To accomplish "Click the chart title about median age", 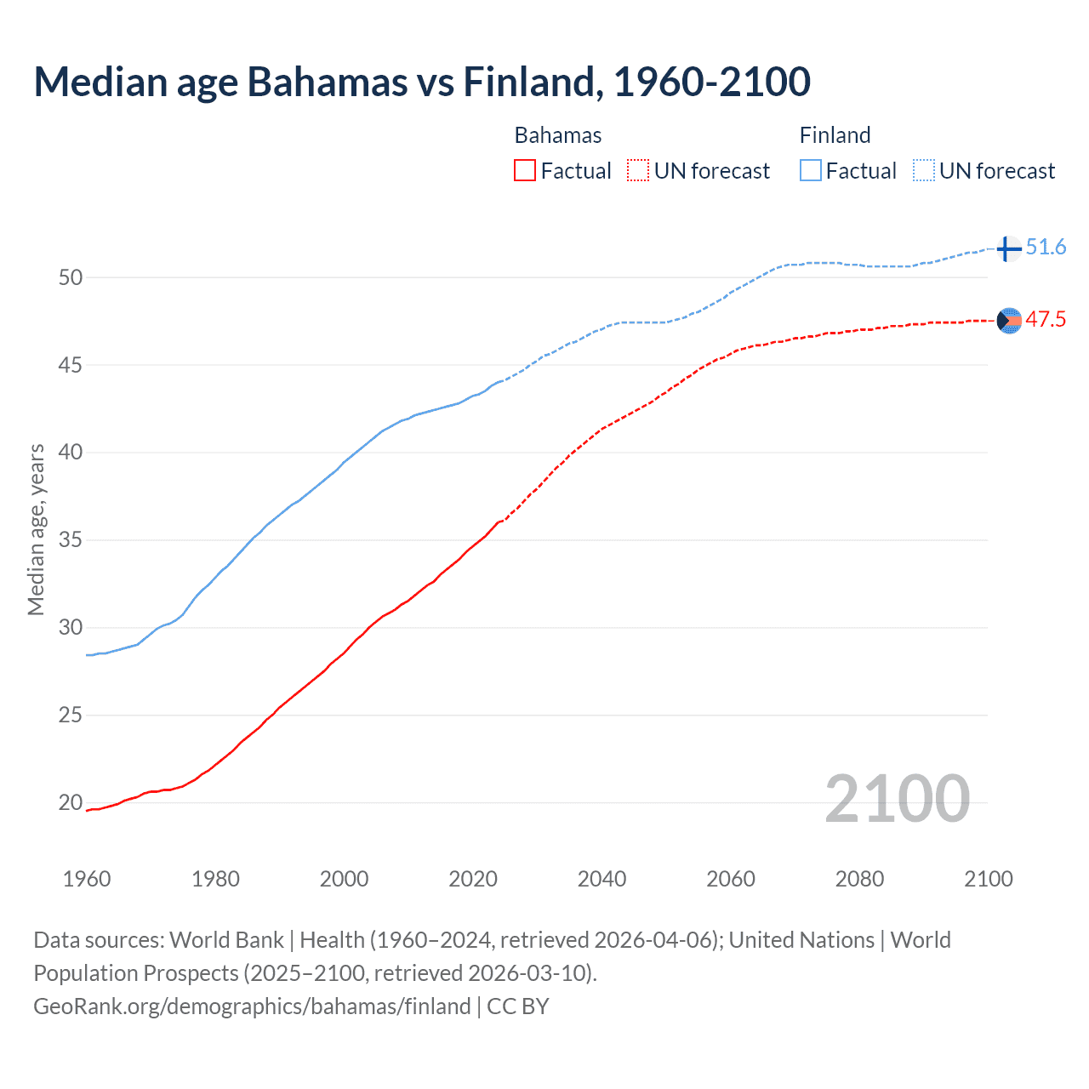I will (x=422, y=83).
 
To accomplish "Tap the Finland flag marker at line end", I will (x=1008, y=248).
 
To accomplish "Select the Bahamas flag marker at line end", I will (x=1009, y=321).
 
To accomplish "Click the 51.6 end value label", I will (x=1046, y=248).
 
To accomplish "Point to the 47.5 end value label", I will (x=1046, y=320).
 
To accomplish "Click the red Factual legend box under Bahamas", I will (x=525, y=171).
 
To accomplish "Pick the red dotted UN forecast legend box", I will (x=638, y=171).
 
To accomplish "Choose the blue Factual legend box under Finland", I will (x=811, y=171).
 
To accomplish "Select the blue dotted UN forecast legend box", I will (x=924, y=171).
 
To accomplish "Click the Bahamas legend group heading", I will (x=558, y=135).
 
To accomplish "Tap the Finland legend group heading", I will (x=835, y=135).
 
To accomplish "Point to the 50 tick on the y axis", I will (x=71, y=277).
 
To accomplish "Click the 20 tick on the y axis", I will (x=71, y=802).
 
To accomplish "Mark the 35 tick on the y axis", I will (x=71, y=540).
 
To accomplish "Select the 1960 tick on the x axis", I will (x=87, y=879).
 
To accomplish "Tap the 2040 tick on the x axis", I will (x=602, y=879).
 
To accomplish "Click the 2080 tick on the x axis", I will (x=859, y=879).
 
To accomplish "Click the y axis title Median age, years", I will (x=36, y=529).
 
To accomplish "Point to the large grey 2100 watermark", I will (x=897, y=799).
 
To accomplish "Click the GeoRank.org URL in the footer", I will (x=252, y=1006).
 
